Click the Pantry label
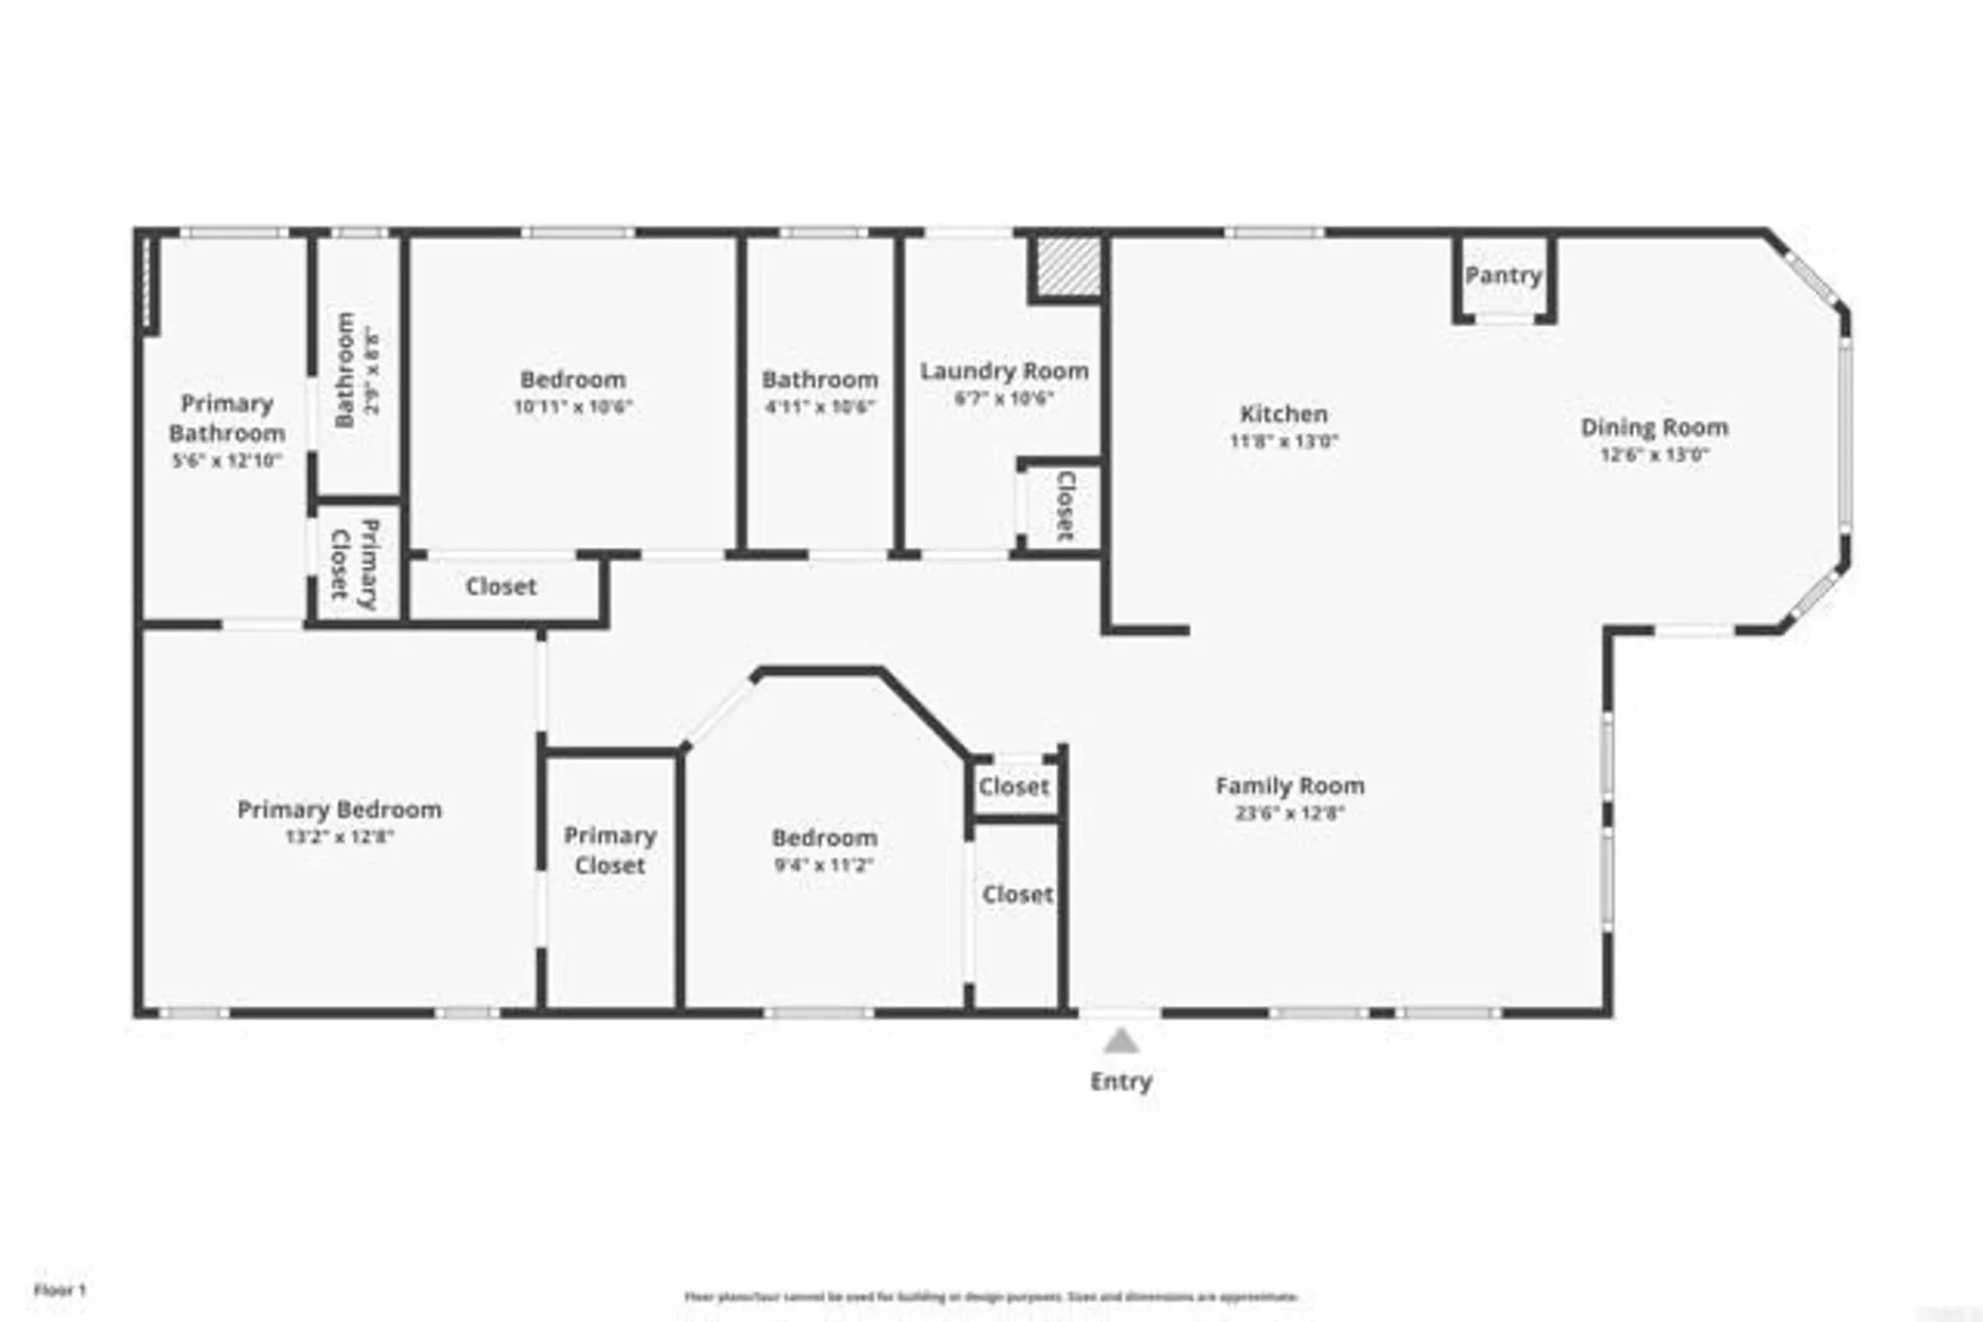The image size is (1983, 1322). click(x=1503, y=275)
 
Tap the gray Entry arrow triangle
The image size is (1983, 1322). click(x=1120, y=1042)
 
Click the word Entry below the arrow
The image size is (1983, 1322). click(x=1120, y=1081)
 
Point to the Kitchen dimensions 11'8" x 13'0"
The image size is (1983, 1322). click(x=1283, y=442)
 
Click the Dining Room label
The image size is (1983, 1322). click(x=1654, y=427)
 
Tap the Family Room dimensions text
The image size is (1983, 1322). click(x=1289, y=814)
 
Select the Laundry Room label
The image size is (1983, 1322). click(x=1003, y=371)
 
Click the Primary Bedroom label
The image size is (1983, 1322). click(x=339, y=810)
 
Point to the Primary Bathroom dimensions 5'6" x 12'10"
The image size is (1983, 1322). click(x=227, y=461)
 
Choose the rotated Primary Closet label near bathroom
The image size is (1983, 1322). click(x=354, y=564)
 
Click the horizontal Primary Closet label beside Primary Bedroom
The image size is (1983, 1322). click(x=610, y=850)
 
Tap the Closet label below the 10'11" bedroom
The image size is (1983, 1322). click(x=501, y=587)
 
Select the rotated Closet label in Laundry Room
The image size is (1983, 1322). click(x=1065, y=505)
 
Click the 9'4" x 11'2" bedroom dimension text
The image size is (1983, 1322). click(x=823, y=865)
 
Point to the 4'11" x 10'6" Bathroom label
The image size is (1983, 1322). click(x=819, y=380)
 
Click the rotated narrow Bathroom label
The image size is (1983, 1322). click(x=345, y=370)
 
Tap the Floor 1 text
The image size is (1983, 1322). click(x=59, y=1290)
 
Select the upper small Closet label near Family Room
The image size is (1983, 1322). click(x=1012, y=787)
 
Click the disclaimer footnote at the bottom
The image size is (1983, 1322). click(x=991, y=1296)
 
